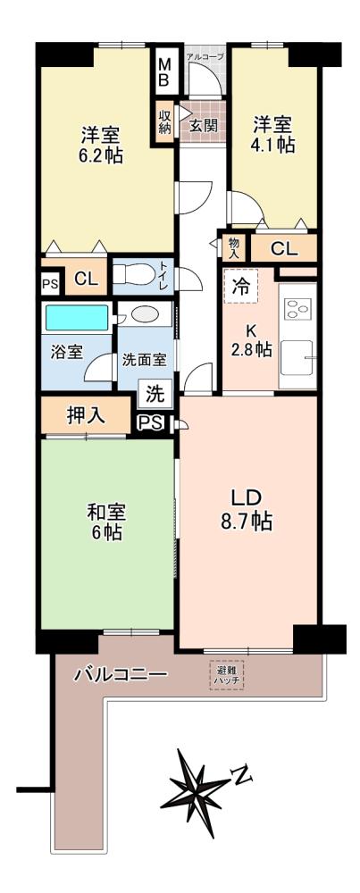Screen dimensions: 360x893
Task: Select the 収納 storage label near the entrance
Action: click(164, 121)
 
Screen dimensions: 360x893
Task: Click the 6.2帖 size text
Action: click(102, 156)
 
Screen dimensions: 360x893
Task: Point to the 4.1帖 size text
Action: click(273, 145)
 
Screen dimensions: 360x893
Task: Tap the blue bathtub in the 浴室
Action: click(77, 318)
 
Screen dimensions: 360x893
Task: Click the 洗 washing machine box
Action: click(155, 392)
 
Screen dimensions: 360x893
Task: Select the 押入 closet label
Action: click(86, 415)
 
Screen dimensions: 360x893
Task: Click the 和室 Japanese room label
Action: click(106, 512)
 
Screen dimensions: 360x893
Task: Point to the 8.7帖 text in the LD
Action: click(247, 521)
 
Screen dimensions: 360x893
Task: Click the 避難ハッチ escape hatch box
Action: click(227, 675)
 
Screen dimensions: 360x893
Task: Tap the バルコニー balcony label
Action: click(121, 675)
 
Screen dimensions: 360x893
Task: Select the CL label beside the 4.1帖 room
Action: click(284, 248)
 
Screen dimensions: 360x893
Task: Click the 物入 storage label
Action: click(234, 248)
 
